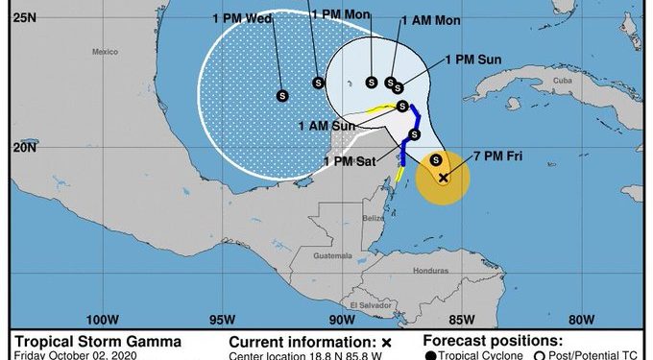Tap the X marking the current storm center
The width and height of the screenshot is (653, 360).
click(444, 178)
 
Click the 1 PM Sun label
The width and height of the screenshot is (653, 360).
click(475, 60)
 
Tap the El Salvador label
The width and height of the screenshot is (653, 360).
click(366, 305)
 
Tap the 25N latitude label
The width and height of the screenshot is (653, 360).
click(26, 16)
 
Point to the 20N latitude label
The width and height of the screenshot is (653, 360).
click(26, 148)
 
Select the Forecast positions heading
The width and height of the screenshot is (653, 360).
click(495, 340)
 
